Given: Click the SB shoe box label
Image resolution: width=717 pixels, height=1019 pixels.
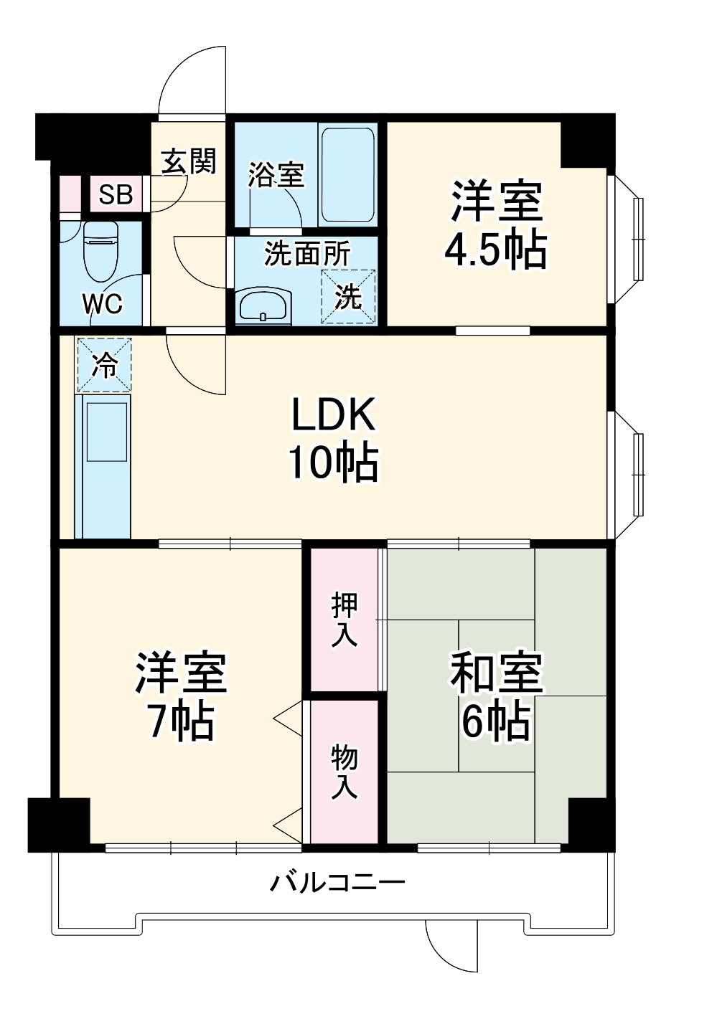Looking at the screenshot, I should [116, 194].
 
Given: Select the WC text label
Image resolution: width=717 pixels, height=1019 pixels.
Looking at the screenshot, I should [102, 304].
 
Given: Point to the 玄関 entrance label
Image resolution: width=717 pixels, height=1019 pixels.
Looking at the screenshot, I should [188, 161].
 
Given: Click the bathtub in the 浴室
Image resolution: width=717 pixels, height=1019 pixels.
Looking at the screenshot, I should [347, 175].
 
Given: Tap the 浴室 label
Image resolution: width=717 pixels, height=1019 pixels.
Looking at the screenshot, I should [276, 174].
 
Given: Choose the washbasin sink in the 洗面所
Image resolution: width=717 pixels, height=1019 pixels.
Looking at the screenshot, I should [262, 307].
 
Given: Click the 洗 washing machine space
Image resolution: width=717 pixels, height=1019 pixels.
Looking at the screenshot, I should [348, 296].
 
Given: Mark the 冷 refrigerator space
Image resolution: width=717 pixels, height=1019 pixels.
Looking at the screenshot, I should [104, 365].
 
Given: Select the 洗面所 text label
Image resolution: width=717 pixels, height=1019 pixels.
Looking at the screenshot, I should [307, 254].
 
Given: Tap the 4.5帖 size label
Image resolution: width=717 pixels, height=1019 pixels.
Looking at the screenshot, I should [496, 248].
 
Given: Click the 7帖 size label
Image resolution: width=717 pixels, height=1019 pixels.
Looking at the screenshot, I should [181, 720].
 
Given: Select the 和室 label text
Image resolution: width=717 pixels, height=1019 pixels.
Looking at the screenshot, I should [496, 672].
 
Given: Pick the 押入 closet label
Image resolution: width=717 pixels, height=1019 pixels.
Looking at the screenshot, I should [345, 621].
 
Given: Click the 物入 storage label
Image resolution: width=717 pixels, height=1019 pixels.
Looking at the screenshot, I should [345, 772].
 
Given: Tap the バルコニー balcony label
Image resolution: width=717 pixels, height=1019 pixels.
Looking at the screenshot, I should [337, 881].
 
